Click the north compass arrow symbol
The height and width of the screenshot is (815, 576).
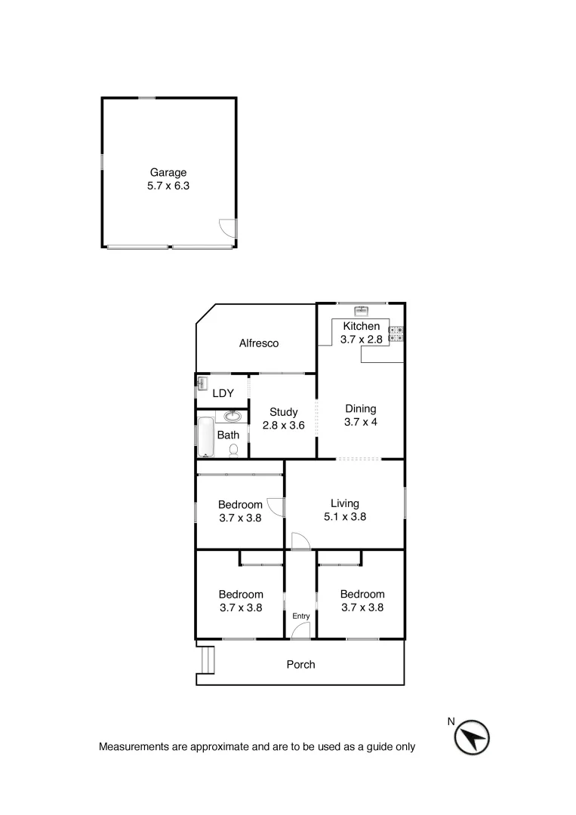click(473, 737)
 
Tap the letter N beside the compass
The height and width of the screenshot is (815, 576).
click(451, 721)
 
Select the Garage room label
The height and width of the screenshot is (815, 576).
click(168, 173)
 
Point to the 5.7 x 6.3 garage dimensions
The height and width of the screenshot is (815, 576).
click(168, 186)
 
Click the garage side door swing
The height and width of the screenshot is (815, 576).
click(227, 226)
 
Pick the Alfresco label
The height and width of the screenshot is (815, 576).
click(259, 343)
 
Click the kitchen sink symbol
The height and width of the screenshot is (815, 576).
click(361, 310)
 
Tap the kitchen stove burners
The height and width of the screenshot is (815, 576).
click(396, 334)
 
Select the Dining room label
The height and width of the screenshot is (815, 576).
click(360, 409)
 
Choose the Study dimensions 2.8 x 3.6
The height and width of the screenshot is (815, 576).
click(283, 426)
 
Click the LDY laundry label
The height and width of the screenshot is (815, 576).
click(223, 393)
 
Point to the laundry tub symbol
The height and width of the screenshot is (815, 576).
click(202, 383)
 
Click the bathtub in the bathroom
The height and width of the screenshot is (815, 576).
click(206, 437)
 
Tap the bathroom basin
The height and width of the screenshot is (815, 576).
click(233, 416)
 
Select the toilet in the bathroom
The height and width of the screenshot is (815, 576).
click(234, 451)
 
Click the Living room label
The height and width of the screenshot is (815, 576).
click(344, 503)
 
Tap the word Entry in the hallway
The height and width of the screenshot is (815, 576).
click(300, 617)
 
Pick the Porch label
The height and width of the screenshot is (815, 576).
click(300, 665)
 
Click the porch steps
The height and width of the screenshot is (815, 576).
click(206, 660)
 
